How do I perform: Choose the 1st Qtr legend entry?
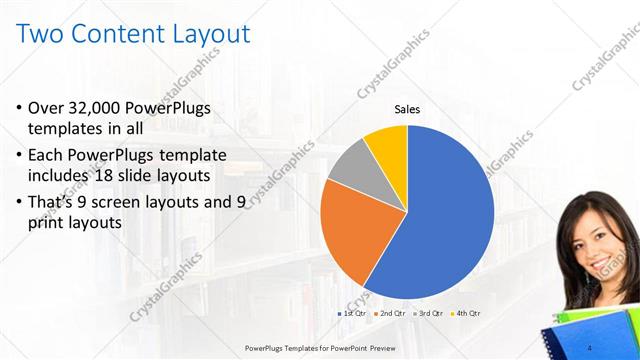353,315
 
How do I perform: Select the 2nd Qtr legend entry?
391,315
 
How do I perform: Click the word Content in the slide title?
118,35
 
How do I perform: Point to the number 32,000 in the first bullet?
104,108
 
